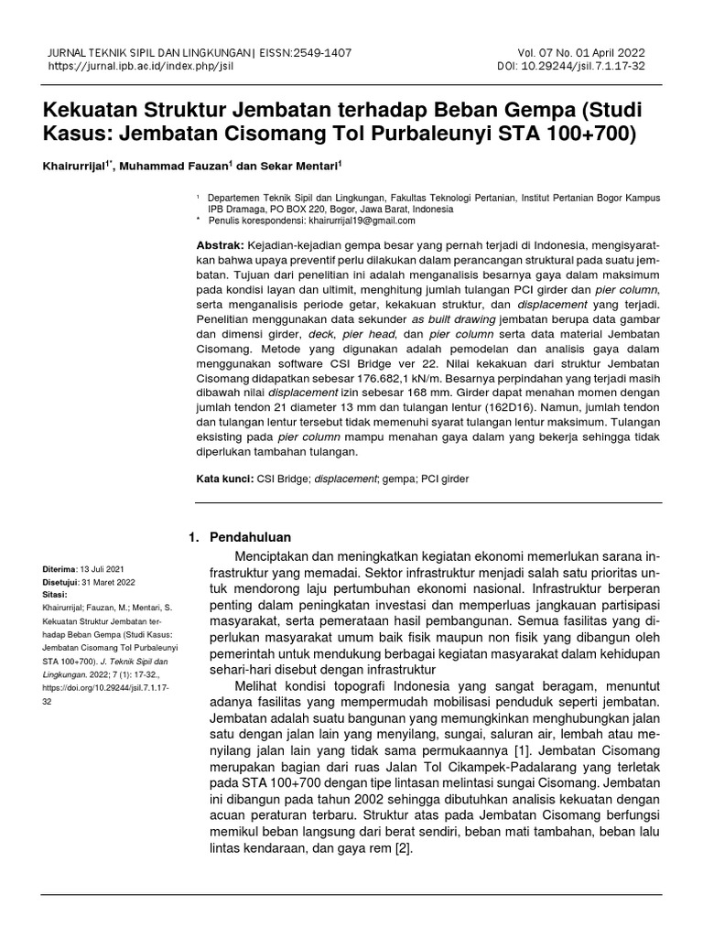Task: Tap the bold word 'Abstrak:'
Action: [x=221, y=246]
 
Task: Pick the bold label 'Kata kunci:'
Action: [x=225, y=478]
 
